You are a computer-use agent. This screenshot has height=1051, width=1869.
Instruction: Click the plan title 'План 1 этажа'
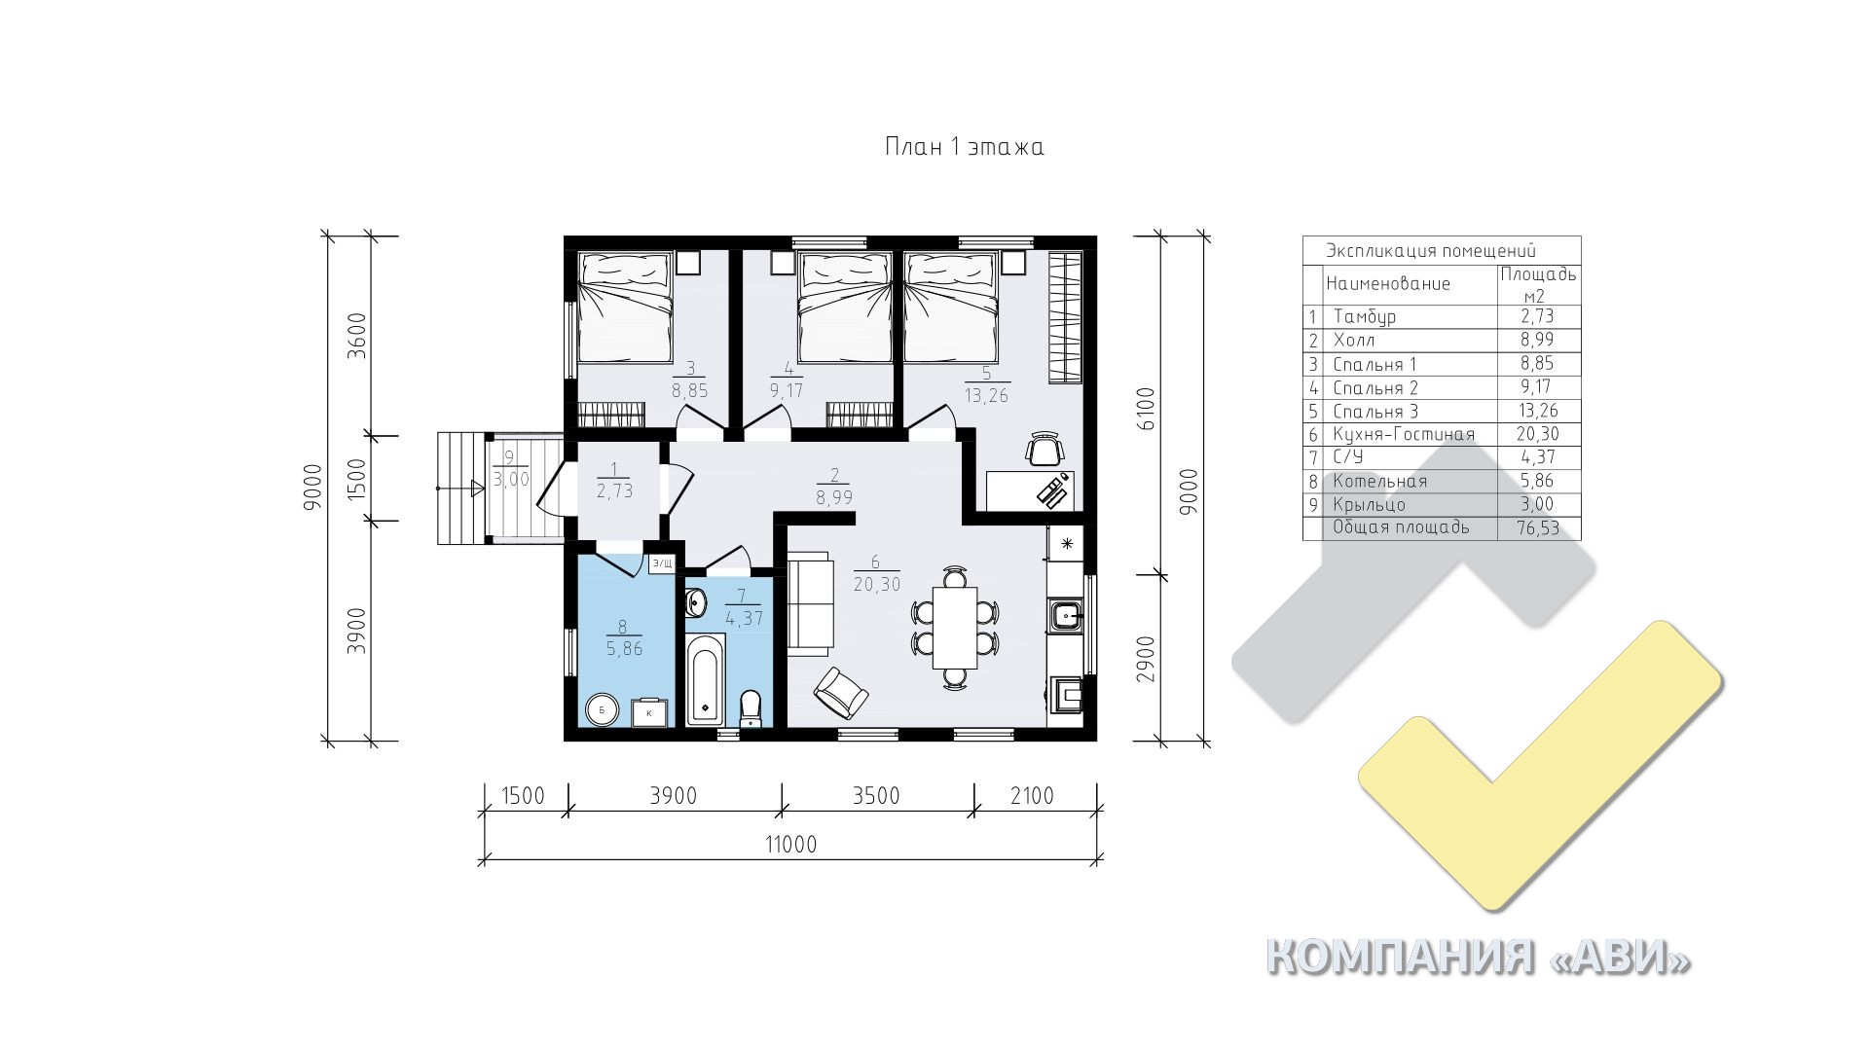click(964, 147)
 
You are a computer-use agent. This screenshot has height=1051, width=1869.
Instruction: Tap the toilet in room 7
click(750, 707)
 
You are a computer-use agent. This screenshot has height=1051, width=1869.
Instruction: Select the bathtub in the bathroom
click(705, 680)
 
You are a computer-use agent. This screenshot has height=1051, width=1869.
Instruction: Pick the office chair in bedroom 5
click(1044, 449)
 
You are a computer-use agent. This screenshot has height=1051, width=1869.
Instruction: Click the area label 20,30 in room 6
click(877, 584)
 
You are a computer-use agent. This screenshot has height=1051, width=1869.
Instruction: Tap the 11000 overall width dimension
click(790, 844)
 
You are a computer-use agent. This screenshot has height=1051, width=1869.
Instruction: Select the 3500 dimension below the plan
click(876, 796)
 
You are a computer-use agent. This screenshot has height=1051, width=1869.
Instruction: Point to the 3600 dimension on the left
click(357, 337)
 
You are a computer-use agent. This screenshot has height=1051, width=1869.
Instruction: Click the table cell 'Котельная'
click(1380, 481)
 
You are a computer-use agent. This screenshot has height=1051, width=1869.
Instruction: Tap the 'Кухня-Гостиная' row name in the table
click(1404, 434)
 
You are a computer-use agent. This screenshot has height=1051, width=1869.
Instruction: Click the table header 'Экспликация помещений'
click(1431, 250)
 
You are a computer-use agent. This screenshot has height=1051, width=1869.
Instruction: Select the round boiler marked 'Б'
click(602, 710)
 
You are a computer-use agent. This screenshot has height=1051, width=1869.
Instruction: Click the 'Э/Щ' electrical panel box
click(662, 562)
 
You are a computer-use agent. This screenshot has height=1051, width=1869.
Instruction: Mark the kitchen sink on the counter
click(1068, 616)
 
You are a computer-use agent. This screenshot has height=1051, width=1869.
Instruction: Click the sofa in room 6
click(811, 603)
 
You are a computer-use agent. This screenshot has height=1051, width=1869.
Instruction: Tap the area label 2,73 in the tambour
click(615, 491)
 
